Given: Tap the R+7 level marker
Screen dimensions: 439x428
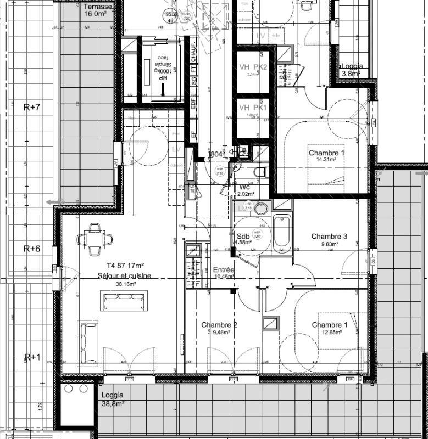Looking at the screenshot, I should pyautogui.click(x=32, y=107).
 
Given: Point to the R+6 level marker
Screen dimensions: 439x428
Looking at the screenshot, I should pyautogui.click(x=32, y=249).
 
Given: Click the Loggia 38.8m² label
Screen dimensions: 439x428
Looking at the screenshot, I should pyautogui.click(x=113, y=399).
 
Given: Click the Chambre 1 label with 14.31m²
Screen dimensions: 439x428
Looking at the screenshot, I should pyautogui.click(x=326, y=156).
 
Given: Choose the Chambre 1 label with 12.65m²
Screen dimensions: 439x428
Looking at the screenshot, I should pyautogui.click(x=330, y=328).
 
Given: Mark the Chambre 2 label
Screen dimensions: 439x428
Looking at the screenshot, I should pyautogui.click(x=219, y=328).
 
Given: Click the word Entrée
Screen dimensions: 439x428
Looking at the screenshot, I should pyautogui.click(x=224, y=271).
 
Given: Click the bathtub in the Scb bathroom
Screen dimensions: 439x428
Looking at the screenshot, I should pyautogui.click(x=282, y=233).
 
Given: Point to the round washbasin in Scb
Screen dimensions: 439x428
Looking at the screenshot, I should pyautogui.click(x=261, y=208).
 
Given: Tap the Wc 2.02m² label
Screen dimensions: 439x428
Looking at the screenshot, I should pyautogui.click(x=244, y=190).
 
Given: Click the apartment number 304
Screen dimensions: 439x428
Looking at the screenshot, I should pyautogui.click(x=216, y=155).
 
